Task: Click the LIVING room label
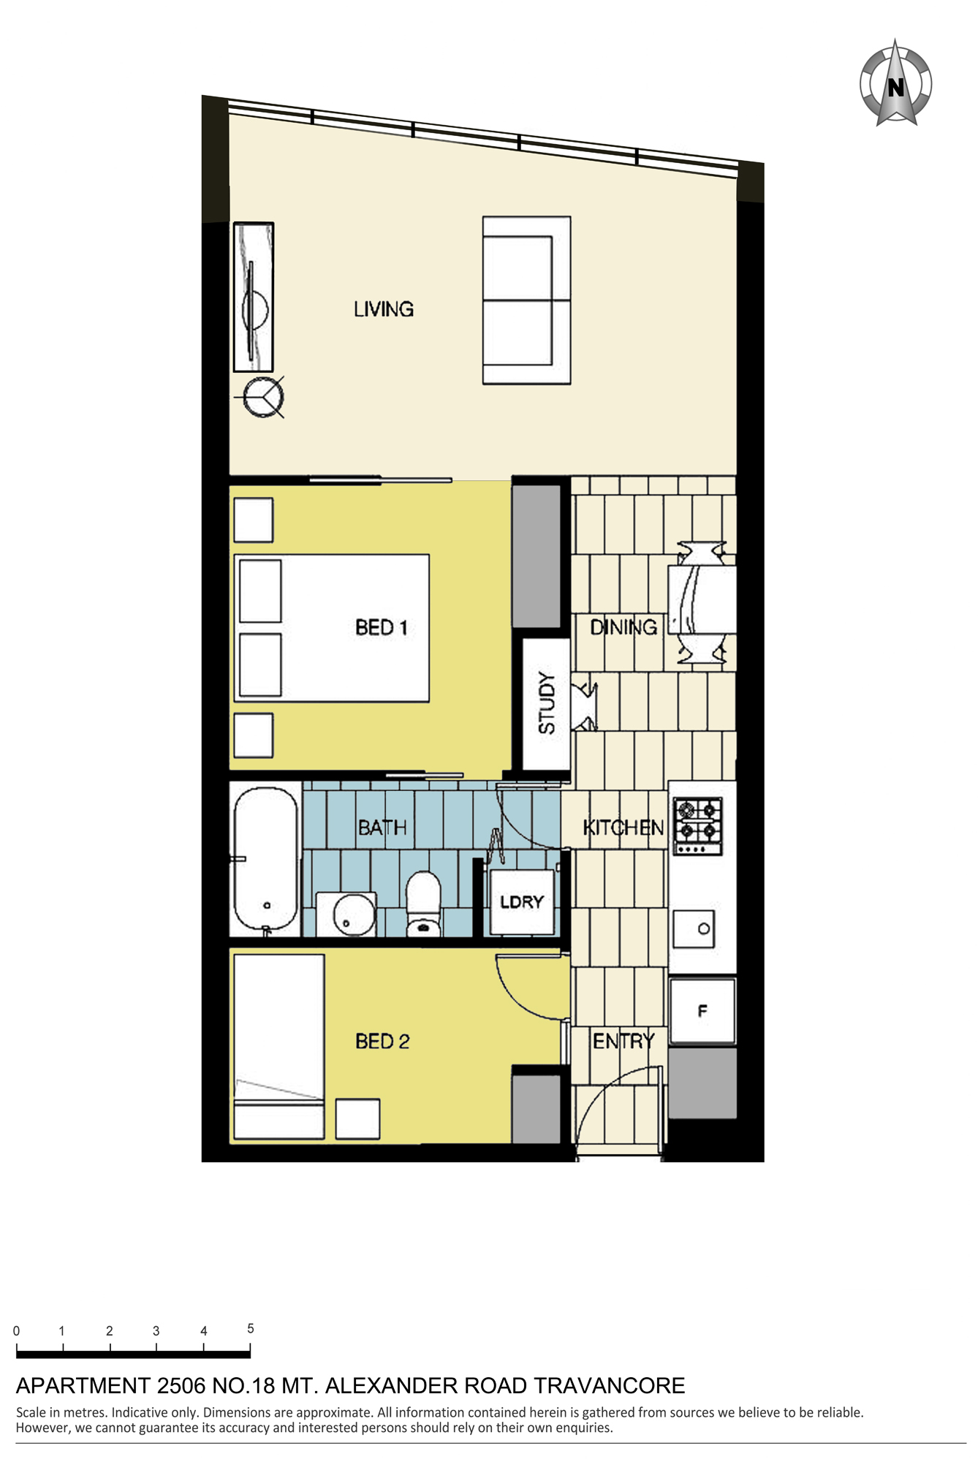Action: (x=384, y=309)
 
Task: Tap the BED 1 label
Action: (x=381, y=627)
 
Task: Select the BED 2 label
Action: (x=382, y=1041)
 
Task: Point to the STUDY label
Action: (x=547, y=702)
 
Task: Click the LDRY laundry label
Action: (x=522, y=902)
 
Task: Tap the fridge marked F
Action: (x=702, y=1010)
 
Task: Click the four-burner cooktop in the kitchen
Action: (x=698, y=826)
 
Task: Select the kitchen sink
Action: (x=694, y=929)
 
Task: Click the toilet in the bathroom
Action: (x=423, y=904)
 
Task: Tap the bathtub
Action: (x=265, y=860)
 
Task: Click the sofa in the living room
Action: (x=526, y=300)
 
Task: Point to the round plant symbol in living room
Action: (x=262, y=398)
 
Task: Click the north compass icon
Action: (x=895, y=83)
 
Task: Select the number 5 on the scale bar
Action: (x=251, y=1328)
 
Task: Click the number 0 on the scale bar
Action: (x=16, y=1331)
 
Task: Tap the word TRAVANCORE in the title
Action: (x=609, y=1386)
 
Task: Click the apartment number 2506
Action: (x=181, y=1386)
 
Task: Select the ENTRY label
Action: (x=623, y=1041)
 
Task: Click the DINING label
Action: (x=623, y=627)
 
